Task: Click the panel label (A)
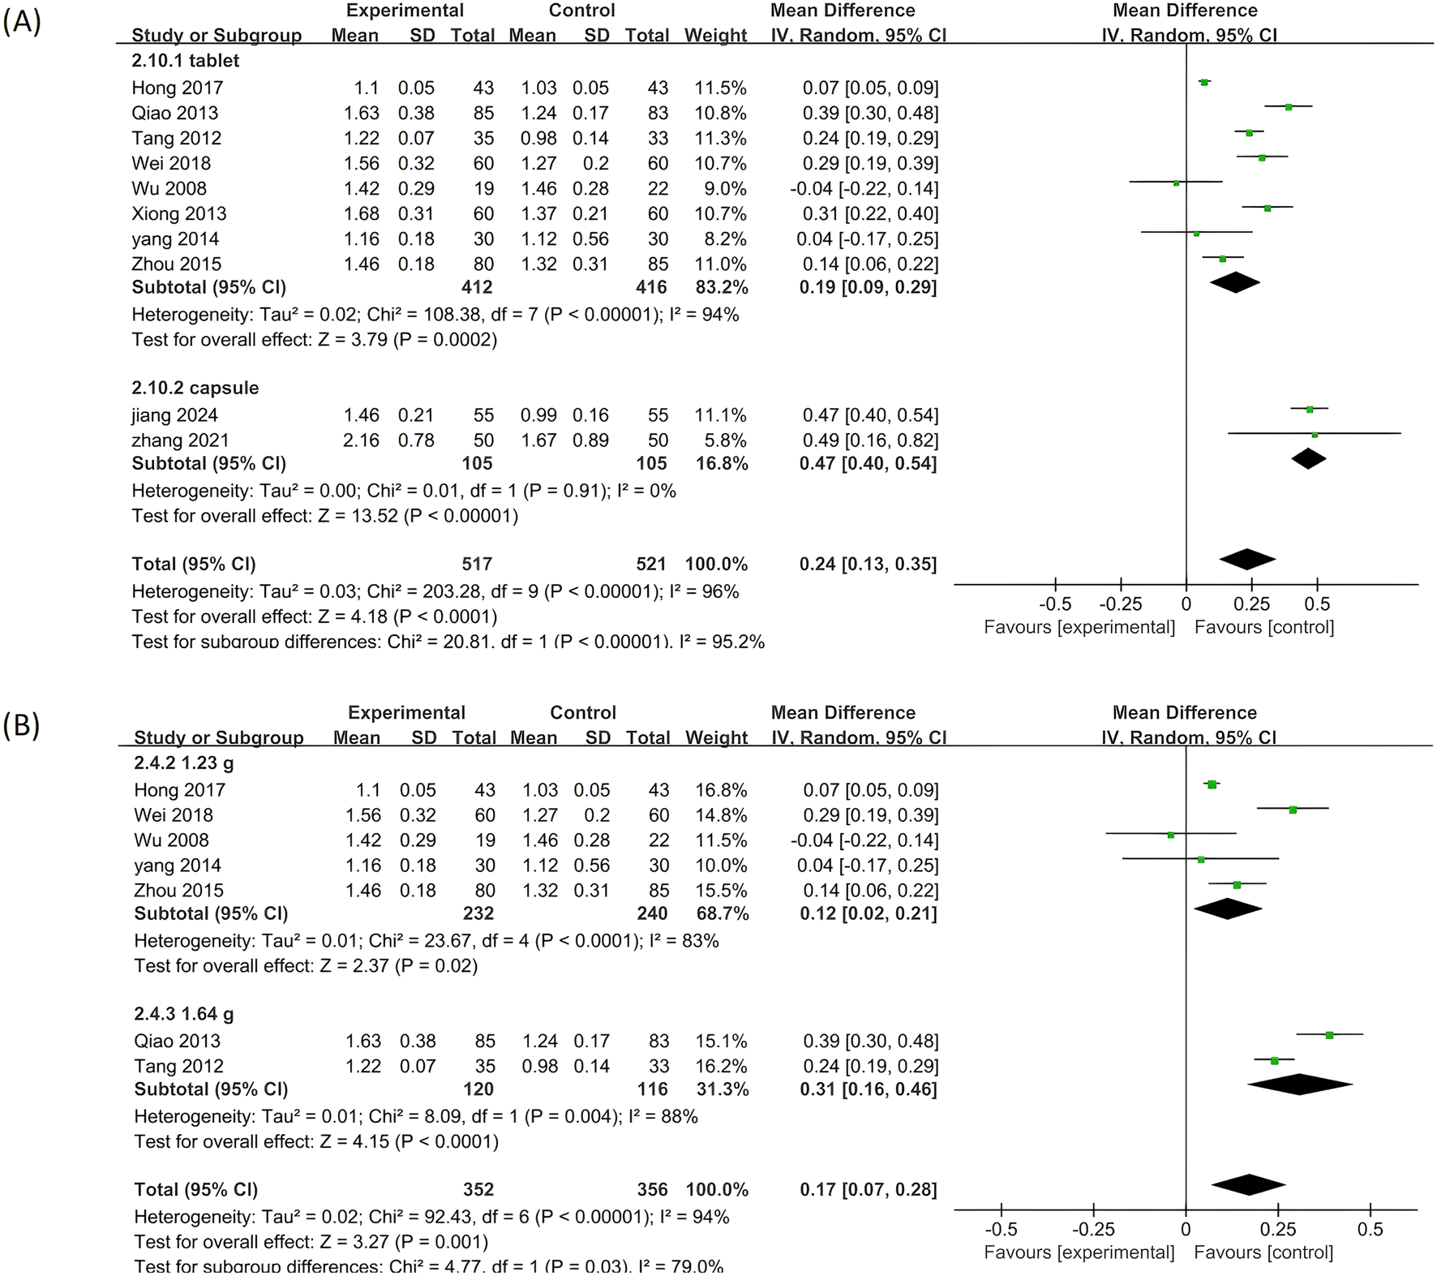coord(22,22)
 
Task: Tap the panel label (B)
coord(22,724)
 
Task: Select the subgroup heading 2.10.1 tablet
coord(185,61)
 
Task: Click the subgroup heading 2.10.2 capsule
coord(195,388)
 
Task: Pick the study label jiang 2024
coord(174,415)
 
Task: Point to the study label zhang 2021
coord(180,440)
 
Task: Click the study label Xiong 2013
coord(179,213)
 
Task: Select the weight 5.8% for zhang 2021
coord(721,440)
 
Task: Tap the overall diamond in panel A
coord(1247,559)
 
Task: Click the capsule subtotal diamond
coord(1308,458)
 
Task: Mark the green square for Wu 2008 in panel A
coord(1177,183)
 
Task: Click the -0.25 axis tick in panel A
coord(1121,604)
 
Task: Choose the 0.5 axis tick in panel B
coord(1370,1230)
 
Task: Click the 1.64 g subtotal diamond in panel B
coord(1299,1085)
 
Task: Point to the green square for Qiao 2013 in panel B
coord(1329,1035)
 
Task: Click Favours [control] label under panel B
coord(1263,1252)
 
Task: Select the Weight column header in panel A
coord(715,36)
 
